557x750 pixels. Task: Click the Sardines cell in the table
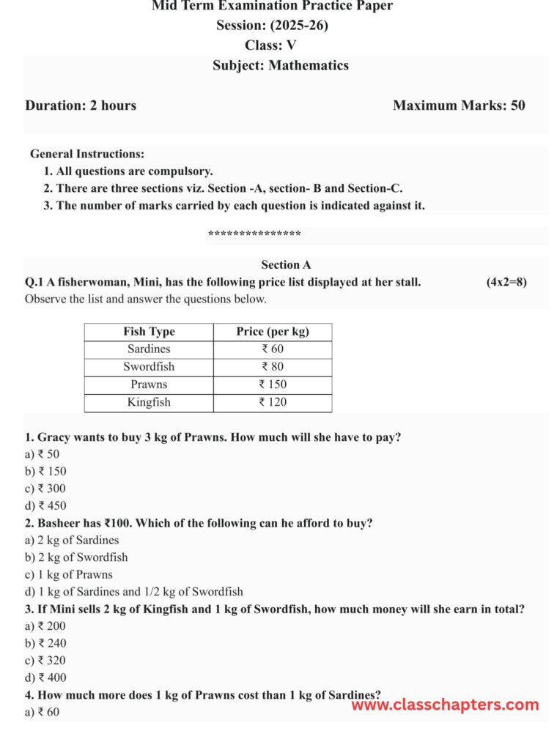point(149,349)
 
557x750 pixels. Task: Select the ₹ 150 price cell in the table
point(273,385)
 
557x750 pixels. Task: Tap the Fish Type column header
point(149,332)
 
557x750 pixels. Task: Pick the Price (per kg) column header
point(273,332)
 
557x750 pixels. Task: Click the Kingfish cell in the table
point(149,402)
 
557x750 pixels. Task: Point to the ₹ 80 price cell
point(273,367)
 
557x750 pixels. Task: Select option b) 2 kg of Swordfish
point(76,557)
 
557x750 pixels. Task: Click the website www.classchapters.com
point(445,705)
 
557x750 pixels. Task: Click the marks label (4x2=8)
point(506,282)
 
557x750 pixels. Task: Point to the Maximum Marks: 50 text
point(459,105)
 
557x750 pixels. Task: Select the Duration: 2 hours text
point(81,105)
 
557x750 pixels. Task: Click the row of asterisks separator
point(254,235)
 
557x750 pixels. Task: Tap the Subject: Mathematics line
point(281,66)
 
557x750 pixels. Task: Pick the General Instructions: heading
point(87,154)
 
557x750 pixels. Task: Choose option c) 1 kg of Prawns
point(69,575)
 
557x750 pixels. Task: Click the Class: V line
point(270,45)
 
